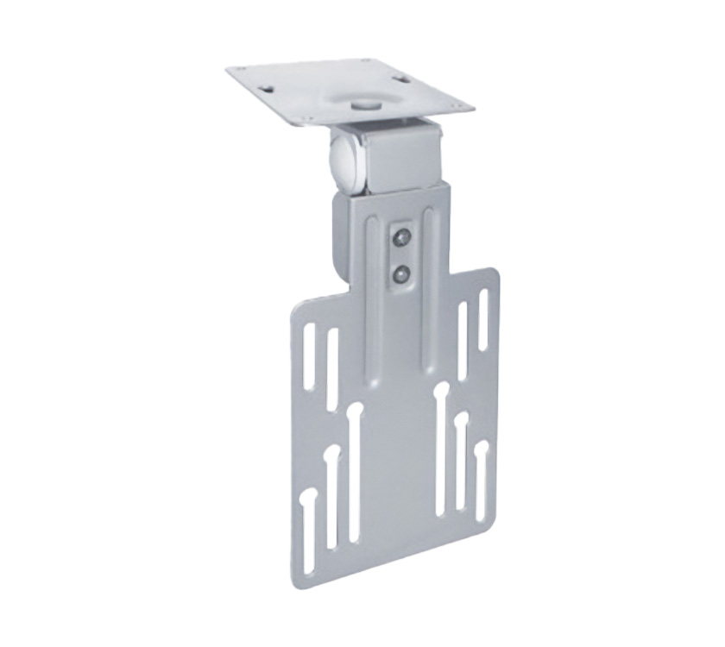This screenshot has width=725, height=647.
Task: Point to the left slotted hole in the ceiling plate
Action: coord(268,86)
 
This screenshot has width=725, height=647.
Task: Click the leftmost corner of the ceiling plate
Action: coord(229,72)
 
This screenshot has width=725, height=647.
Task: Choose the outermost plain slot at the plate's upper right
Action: coord(482,320)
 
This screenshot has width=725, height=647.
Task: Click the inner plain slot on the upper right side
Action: coord(463,341)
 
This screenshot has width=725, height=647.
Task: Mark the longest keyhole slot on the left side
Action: coord(352,470)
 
